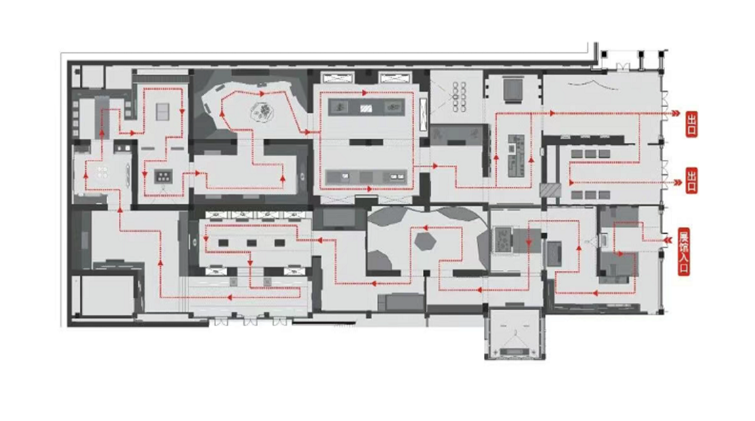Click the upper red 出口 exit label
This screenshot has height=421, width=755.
[x=691, y=124]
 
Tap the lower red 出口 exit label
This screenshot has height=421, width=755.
[x=691, y=180]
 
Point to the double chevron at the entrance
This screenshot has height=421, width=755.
[x=668, y=240]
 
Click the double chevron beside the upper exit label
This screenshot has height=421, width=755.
[x=676, y=113]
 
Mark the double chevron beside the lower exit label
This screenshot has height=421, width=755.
[x=677, y=182]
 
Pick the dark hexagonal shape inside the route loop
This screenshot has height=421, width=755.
[x=425, y=241]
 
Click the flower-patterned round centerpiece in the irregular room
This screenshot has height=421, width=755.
[x=261, y=111]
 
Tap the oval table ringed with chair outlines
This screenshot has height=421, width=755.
[x=459, y=97]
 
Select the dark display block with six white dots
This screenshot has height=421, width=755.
[x=163, y=176]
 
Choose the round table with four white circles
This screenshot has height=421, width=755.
[x=102, y=172]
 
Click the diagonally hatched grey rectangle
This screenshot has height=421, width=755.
[x=550, y=190]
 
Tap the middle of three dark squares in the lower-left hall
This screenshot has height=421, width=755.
[x=252, y=243]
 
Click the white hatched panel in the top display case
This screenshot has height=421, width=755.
[x=366, y=109]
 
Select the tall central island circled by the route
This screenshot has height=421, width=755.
[x=516, y=156]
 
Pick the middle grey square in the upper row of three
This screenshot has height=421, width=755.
[x=590, y=153]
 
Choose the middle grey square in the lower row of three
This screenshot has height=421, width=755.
[x=590, y=195]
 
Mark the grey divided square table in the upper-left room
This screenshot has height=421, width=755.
[x=163, y=112]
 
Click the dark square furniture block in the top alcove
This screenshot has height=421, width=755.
[x=513, y=88]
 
